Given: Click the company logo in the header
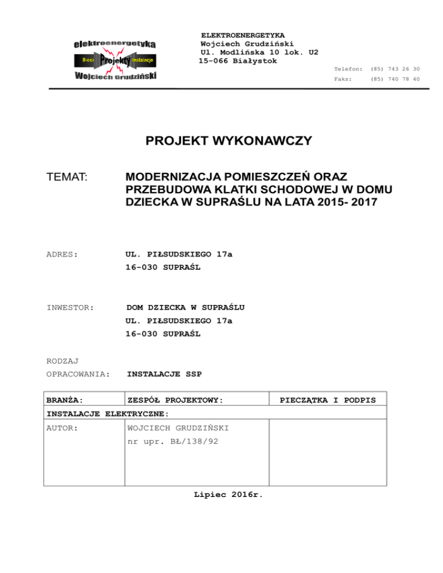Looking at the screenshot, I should (116, 60).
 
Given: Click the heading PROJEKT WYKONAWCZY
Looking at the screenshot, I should (229, 141).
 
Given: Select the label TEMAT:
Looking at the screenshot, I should (66, 179).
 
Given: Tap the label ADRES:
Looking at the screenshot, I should (62, 254).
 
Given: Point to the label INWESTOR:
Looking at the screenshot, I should (70, 308).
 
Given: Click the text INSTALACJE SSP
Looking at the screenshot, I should (164, 374).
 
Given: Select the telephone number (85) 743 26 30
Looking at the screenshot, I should (395, 69).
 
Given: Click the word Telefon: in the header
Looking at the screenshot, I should (348, 69).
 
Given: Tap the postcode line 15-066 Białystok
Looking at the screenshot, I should (238, 61).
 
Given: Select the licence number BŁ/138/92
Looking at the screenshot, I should (193, 442).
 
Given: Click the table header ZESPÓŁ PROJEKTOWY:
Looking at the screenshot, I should (175, 399).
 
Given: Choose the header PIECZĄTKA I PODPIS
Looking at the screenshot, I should (328, 399).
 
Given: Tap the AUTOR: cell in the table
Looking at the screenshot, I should (62, 428).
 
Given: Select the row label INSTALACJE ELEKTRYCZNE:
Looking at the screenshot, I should (107, 413).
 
